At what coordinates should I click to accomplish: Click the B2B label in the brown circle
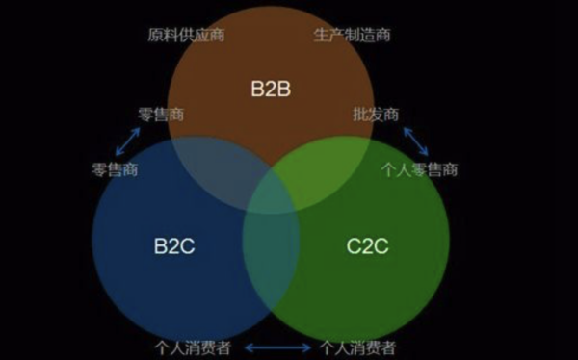270,90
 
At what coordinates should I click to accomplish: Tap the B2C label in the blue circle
174,245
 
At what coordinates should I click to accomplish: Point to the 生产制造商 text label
353,36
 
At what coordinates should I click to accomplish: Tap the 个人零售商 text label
419,170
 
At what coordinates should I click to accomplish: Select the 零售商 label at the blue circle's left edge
116,170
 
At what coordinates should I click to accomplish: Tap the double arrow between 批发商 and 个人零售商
416,141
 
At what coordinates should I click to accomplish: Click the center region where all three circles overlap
271,188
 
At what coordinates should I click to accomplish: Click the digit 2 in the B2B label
270,90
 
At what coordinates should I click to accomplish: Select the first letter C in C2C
353,245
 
